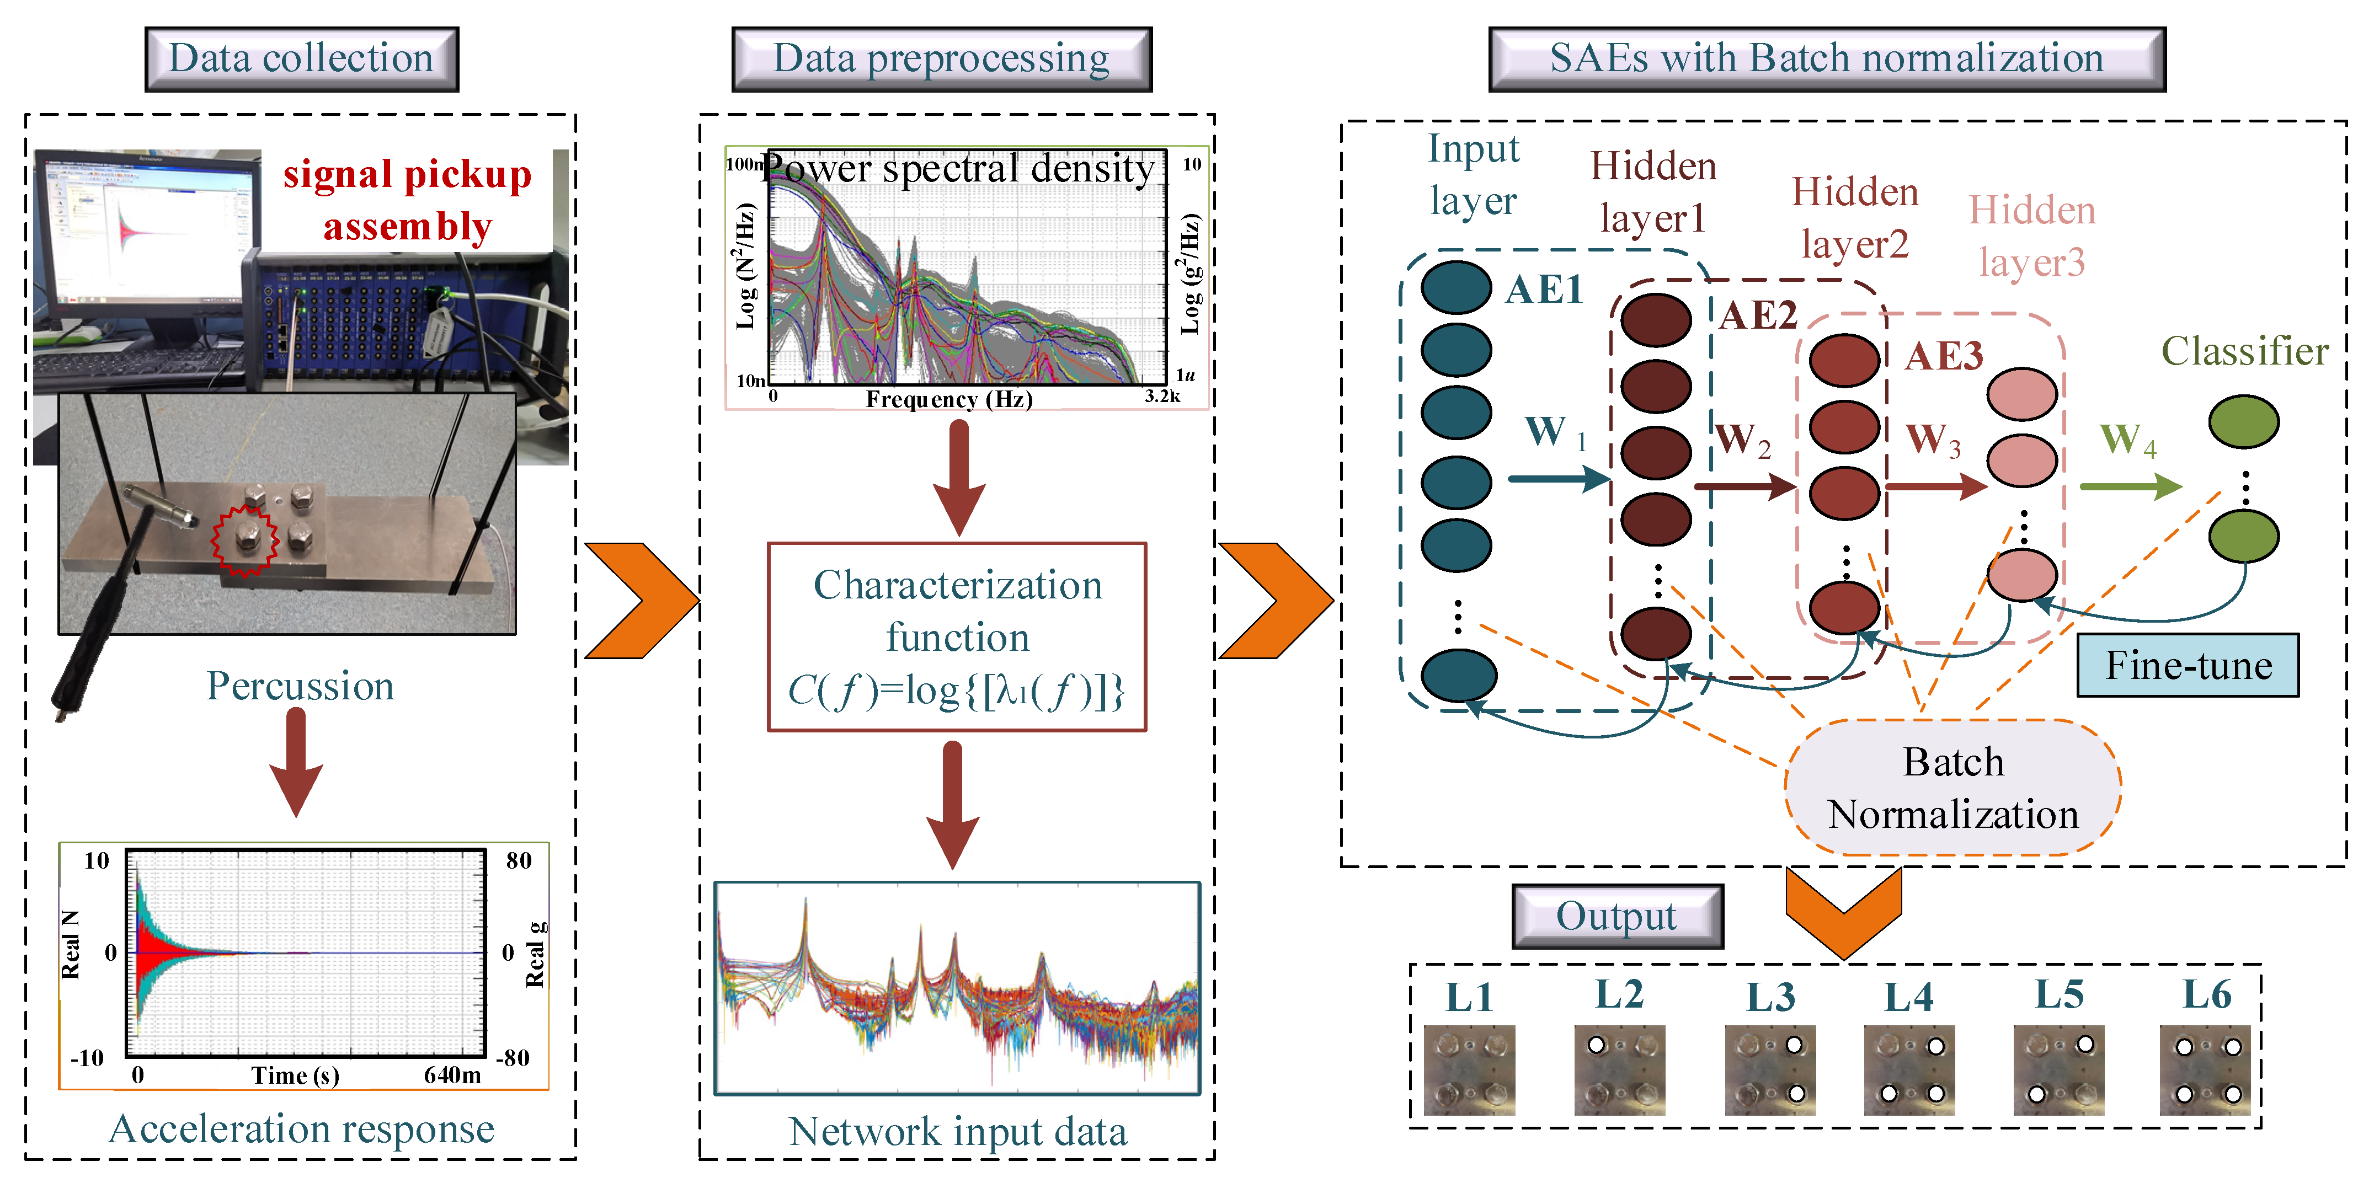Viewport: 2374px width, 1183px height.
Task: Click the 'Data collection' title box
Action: point(301,59)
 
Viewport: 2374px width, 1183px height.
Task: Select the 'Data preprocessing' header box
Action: point(941,59)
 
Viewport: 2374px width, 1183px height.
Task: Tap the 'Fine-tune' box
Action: point(2187,665)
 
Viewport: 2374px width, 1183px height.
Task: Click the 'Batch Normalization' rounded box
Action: point(1953,788)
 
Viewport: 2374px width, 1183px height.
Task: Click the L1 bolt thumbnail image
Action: point(1469,1070)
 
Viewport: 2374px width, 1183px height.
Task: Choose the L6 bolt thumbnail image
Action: point(2205,1070)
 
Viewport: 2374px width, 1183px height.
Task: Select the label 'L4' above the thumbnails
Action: point(1908,997)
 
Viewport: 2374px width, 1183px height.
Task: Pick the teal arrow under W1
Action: point(1557,478)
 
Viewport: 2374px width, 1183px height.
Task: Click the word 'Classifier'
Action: point(2245,351)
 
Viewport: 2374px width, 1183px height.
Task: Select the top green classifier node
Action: point(2243,422)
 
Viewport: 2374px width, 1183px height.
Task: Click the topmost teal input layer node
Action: point(1456,287)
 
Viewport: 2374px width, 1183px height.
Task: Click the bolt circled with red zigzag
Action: point(245,539)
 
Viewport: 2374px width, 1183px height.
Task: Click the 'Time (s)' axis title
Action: point(295,1075)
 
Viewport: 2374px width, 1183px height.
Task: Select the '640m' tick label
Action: point(452,1075)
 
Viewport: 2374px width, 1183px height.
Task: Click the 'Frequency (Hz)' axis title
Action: point(948,399)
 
